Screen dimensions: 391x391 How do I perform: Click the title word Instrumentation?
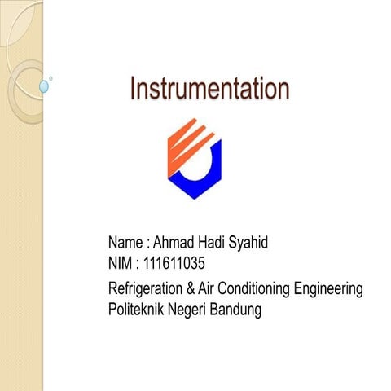209,90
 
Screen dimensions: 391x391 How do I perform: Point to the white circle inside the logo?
196,163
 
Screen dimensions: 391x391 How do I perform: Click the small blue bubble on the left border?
44,86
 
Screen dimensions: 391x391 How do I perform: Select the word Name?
125,243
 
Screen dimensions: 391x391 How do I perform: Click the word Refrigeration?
147,289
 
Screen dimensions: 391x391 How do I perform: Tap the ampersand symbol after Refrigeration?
194,289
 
